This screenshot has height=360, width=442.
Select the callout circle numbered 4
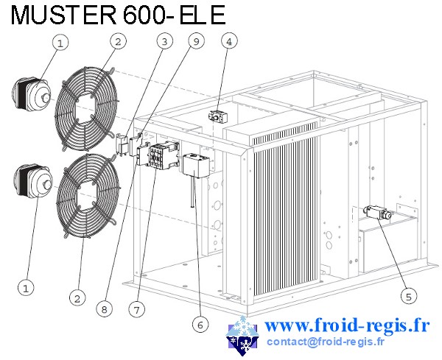[x=231, y=42]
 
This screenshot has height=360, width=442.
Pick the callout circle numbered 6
[x=197, y=322]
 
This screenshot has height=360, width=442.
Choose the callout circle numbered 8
[x=105, y=310]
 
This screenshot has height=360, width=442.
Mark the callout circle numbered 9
[x=195, y=41]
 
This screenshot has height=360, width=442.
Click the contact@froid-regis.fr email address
[x=326, y=342]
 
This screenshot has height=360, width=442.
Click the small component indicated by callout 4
[x=217, y=115]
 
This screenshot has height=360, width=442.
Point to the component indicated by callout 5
[x=376, y=213]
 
